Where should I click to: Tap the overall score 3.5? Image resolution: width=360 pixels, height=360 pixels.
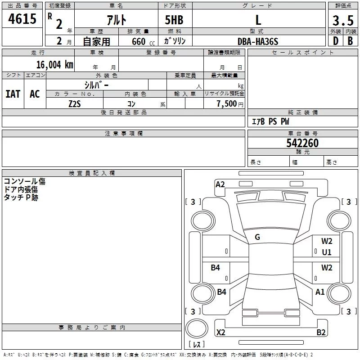(x=342, y=21)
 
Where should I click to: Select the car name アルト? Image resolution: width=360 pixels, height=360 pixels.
(x=116, y=20)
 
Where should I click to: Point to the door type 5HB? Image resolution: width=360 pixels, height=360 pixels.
(x=174, y=20)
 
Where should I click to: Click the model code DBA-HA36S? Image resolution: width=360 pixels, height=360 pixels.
(x=258, y=41)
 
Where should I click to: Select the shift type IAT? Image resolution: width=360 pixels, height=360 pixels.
(x=13, y=94)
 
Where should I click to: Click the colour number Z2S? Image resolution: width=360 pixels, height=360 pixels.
(x=75, y=103)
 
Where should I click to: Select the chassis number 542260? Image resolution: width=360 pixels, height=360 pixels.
(x=302, y=143)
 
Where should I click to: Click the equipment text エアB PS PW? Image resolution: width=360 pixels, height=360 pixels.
(x=270, y=122)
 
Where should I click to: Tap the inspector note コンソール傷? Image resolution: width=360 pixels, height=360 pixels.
(x=25, y=181)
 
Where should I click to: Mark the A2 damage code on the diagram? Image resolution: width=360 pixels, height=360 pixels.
(x=220, y=184)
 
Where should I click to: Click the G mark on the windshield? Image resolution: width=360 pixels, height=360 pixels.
(x=257, y=237)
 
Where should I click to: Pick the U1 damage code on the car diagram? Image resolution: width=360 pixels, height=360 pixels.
(x=327, y=252)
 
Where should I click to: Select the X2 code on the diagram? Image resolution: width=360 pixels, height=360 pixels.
(x=221, y=333)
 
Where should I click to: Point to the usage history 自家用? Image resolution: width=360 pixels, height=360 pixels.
(x=96, y=41)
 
